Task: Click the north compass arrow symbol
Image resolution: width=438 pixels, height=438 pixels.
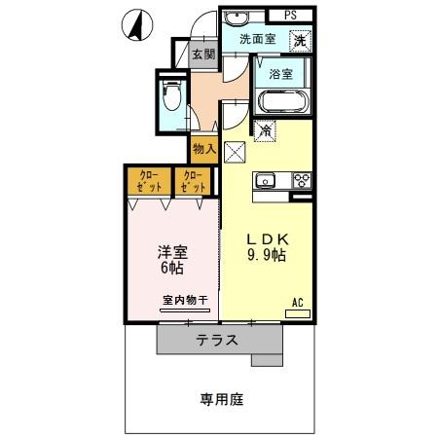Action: [x=136, y=25]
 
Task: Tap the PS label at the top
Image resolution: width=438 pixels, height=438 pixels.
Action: [x=291, y=15]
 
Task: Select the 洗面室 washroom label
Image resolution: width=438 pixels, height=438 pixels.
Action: [x=258, y=40]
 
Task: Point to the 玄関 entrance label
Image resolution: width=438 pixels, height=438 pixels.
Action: [x=203, y=55]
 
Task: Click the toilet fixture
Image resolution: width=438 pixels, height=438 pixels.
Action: [x=172, y=97]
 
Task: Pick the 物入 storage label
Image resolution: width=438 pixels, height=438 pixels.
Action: [x=203, y=149]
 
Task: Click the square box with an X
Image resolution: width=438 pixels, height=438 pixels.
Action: [x=235, y=151]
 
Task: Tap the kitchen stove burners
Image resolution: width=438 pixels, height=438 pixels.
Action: [x=301, y=180]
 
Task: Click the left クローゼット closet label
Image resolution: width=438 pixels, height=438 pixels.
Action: [x=149, y=180]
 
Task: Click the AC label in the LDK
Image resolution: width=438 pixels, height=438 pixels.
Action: [x=299, y=304]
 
